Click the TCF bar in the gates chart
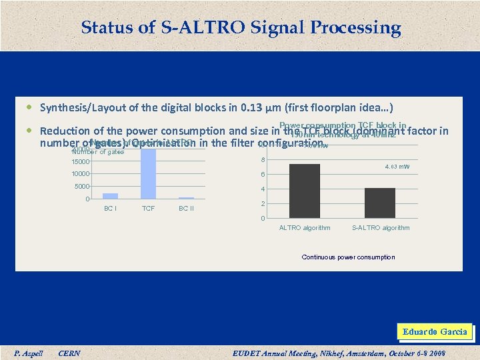click(x=148, y=173)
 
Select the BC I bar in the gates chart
click(x=110, y=196)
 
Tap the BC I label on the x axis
click(x=110, y=209)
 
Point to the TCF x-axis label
click(x=148, y=209)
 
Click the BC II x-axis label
click(x=187, y=209)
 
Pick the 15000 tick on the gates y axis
click(x=81, y=161)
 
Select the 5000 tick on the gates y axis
click(x=83, y=187)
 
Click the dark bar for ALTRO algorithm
click(x=305, y=191)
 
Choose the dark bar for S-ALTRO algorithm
click(x=380, y=203)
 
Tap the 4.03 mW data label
click(x=396, y=166)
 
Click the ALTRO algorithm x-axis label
click(x=305, y=228)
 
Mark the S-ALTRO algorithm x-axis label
click(x=381, y=228)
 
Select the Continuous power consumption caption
click(x=348, y=257)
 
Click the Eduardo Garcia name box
click(x=435, y=331)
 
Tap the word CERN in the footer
click(x=70, y=353)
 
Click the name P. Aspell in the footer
click(x=29, y=353)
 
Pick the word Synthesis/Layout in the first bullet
click(x=75, y=107)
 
